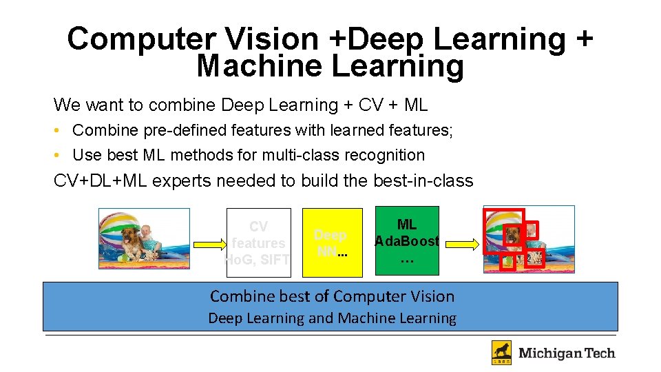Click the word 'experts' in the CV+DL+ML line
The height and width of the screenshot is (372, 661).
coord(181,181)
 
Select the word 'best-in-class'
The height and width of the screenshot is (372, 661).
coord(423,181)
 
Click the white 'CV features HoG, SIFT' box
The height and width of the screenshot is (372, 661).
coord(258,242)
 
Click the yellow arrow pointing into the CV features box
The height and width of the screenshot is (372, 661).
coord(207,243)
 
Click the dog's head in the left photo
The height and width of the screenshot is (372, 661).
coord(132,237)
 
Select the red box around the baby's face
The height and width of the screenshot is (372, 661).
coord(531,230)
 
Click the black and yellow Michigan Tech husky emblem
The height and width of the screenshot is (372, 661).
coord(501,352)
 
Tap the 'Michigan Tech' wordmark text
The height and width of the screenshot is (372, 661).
coord(566,353)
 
